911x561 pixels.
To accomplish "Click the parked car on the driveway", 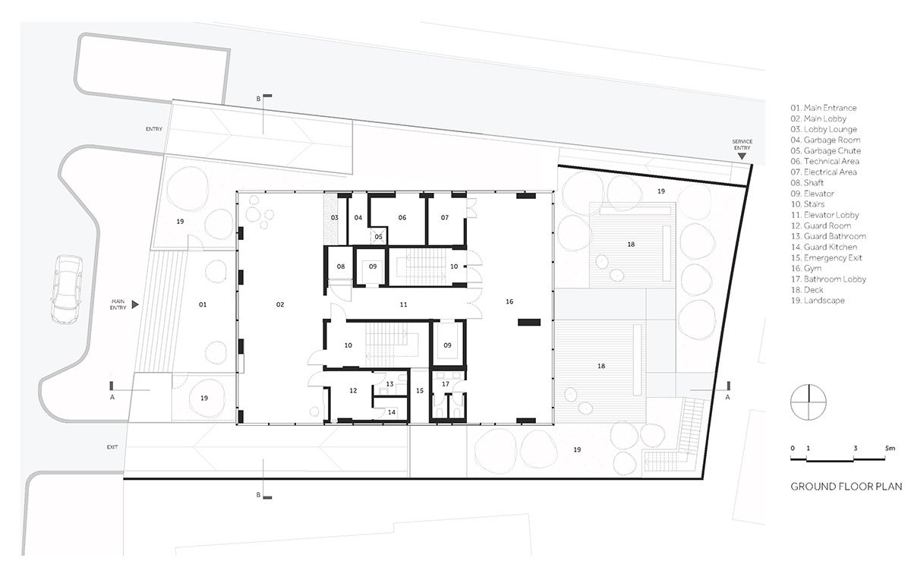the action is [67, 290].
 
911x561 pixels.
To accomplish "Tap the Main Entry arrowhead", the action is [135, 304].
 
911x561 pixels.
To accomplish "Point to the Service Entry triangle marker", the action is [742, 156].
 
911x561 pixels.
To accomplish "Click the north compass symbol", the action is [808, 402].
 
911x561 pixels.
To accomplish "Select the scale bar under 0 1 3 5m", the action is [838, 459].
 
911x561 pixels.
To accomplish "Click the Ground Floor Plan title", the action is [846, 487].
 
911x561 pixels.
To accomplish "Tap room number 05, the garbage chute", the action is [379, 237].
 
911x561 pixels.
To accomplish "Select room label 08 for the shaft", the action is [341, 266].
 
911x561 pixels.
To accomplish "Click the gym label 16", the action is [509, 301].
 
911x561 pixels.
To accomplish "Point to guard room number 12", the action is [353, 390].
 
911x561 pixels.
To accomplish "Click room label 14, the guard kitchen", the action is [392, 412].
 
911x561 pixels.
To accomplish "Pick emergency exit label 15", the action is [420, 390].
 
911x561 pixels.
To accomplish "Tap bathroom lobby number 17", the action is [446, 384].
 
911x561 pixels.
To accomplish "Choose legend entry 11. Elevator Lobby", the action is [824, 215].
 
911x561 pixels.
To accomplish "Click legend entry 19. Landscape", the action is [818, 301].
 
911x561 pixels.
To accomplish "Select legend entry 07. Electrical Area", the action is [824, 172].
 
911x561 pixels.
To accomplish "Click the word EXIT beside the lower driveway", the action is [112, 447].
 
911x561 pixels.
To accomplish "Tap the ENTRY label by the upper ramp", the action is [154, 129].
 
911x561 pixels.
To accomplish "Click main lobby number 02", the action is [280, 304].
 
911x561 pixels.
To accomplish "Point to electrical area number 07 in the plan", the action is [445, 218].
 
